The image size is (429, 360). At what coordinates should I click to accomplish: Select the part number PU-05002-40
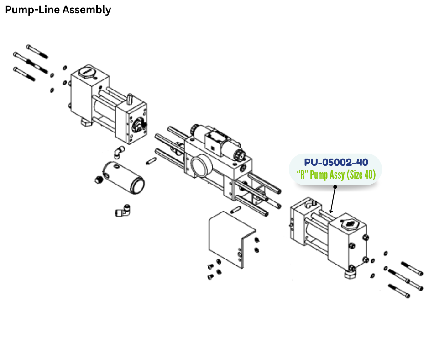tap(336, 162)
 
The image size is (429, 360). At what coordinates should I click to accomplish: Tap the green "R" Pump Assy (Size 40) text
tap(336, 175)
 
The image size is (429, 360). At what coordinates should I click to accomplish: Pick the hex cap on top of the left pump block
tap(86, 72)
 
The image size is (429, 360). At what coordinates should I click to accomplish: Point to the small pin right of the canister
tap(152, 161)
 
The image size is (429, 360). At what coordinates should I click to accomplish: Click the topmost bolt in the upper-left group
tap(37, 51)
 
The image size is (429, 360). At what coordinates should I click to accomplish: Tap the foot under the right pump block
tap(351, 273)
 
